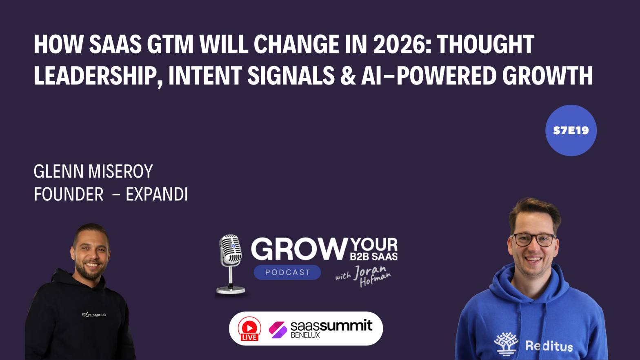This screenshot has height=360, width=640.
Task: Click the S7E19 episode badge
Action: coord(571,131)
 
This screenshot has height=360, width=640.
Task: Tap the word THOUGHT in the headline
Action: coord(485,44)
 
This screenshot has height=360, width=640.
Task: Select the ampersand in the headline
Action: coord(348,76)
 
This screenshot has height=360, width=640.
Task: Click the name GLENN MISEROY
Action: coord(93,171)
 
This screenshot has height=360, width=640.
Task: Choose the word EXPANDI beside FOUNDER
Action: coord(157,195)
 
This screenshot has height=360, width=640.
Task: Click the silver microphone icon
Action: coord(231,263)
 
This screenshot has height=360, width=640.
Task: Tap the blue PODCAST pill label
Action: coord(287,272)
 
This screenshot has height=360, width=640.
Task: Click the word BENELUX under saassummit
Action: coord(305,336)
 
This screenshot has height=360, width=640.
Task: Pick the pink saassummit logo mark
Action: coord(278,329)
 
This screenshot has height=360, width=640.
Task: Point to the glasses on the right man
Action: coord(533,239)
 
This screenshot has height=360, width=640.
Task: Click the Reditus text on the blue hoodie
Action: coord(549,346)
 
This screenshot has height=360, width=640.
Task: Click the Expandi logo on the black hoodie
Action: coord(94,315)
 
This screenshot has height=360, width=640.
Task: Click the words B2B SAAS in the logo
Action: coord(373,257)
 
